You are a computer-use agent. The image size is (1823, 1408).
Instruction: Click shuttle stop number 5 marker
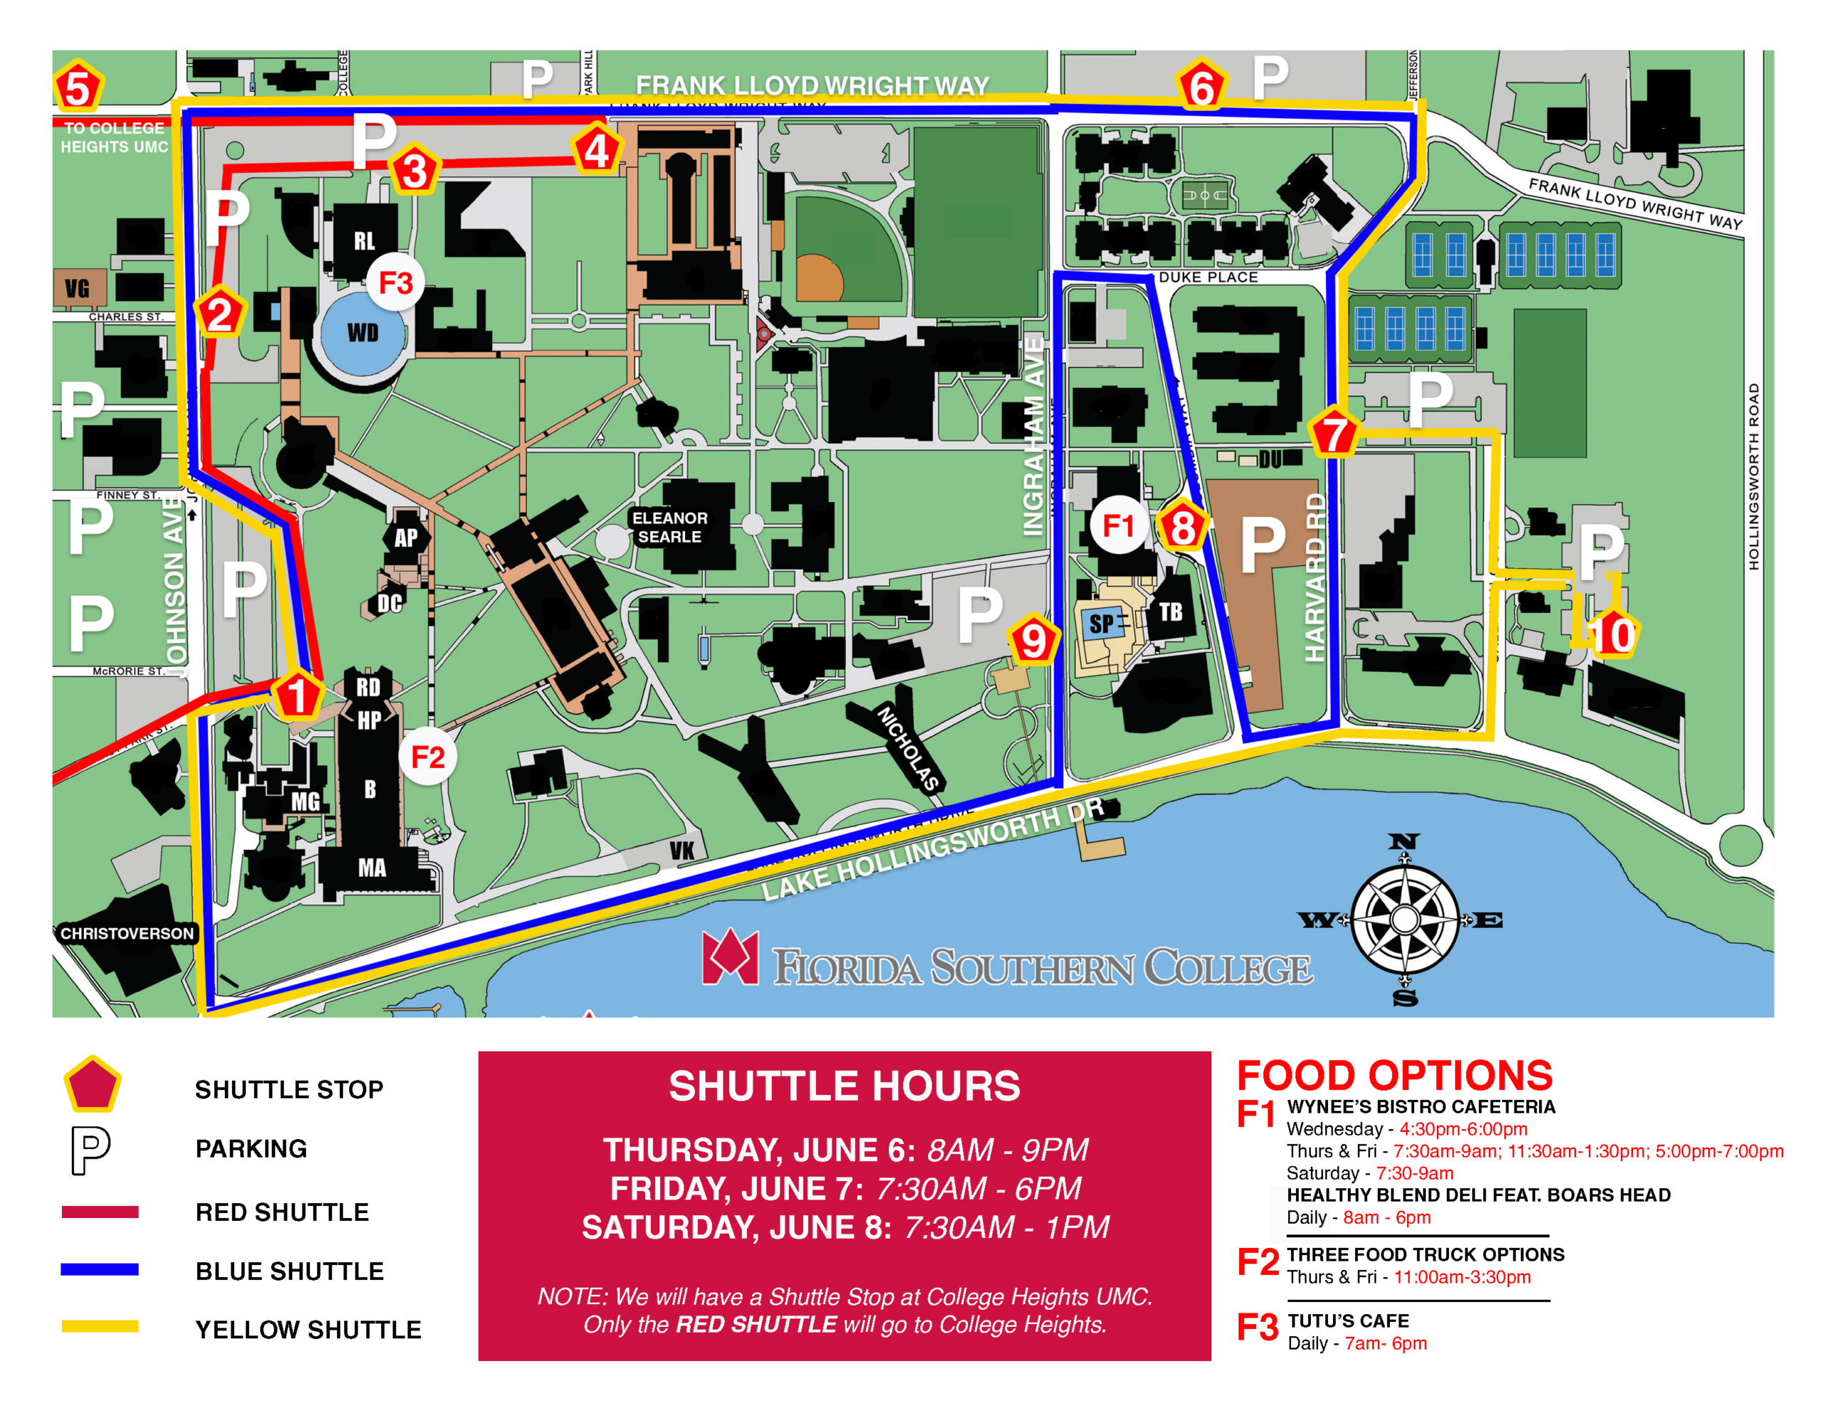(x=78, y=88)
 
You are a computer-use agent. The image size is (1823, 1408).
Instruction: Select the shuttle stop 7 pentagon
(x=1334, y=434)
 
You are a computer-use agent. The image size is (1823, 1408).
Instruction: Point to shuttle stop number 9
(x=1033, y=640)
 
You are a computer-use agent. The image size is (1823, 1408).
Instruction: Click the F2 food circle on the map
(x=427, y=757)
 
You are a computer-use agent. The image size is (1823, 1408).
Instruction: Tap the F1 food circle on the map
(x=1118, y=525)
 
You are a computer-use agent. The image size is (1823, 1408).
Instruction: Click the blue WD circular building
(x=363, y=332)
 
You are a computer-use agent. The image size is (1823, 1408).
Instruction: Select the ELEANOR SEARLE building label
(x=669, y=527)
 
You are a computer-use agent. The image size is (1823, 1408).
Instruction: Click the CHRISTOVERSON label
(x=126, y=933)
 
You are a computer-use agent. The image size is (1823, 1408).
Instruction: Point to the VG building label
(x=78, y=289)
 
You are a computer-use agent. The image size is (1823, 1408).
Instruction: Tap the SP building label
(x=1101, y=624)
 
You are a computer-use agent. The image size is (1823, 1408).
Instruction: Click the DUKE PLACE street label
(x=1208, y=277)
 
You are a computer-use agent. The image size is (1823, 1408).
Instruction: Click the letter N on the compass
(x=1404, y=841)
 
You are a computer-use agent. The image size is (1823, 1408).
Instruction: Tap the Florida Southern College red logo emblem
(x=731, y=957)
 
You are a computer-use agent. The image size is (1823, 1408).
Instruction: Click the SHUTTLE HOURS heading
(x=844, y=1086)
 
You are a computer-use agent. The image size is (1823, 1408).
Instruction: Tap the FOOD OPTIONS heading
(x=1394, y=1075)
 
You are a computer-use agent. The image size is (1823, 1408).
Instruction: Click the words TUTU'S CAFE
(x=1348, y=1320)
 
